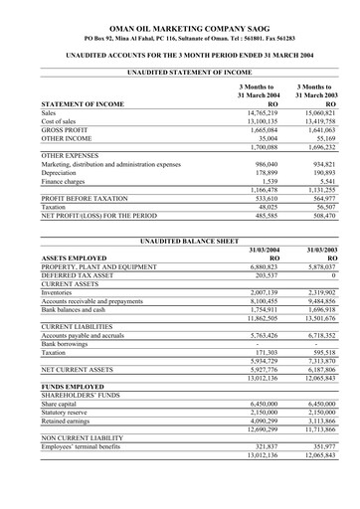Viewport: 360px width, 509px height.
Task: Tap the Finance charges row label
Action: pos(65,181)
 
